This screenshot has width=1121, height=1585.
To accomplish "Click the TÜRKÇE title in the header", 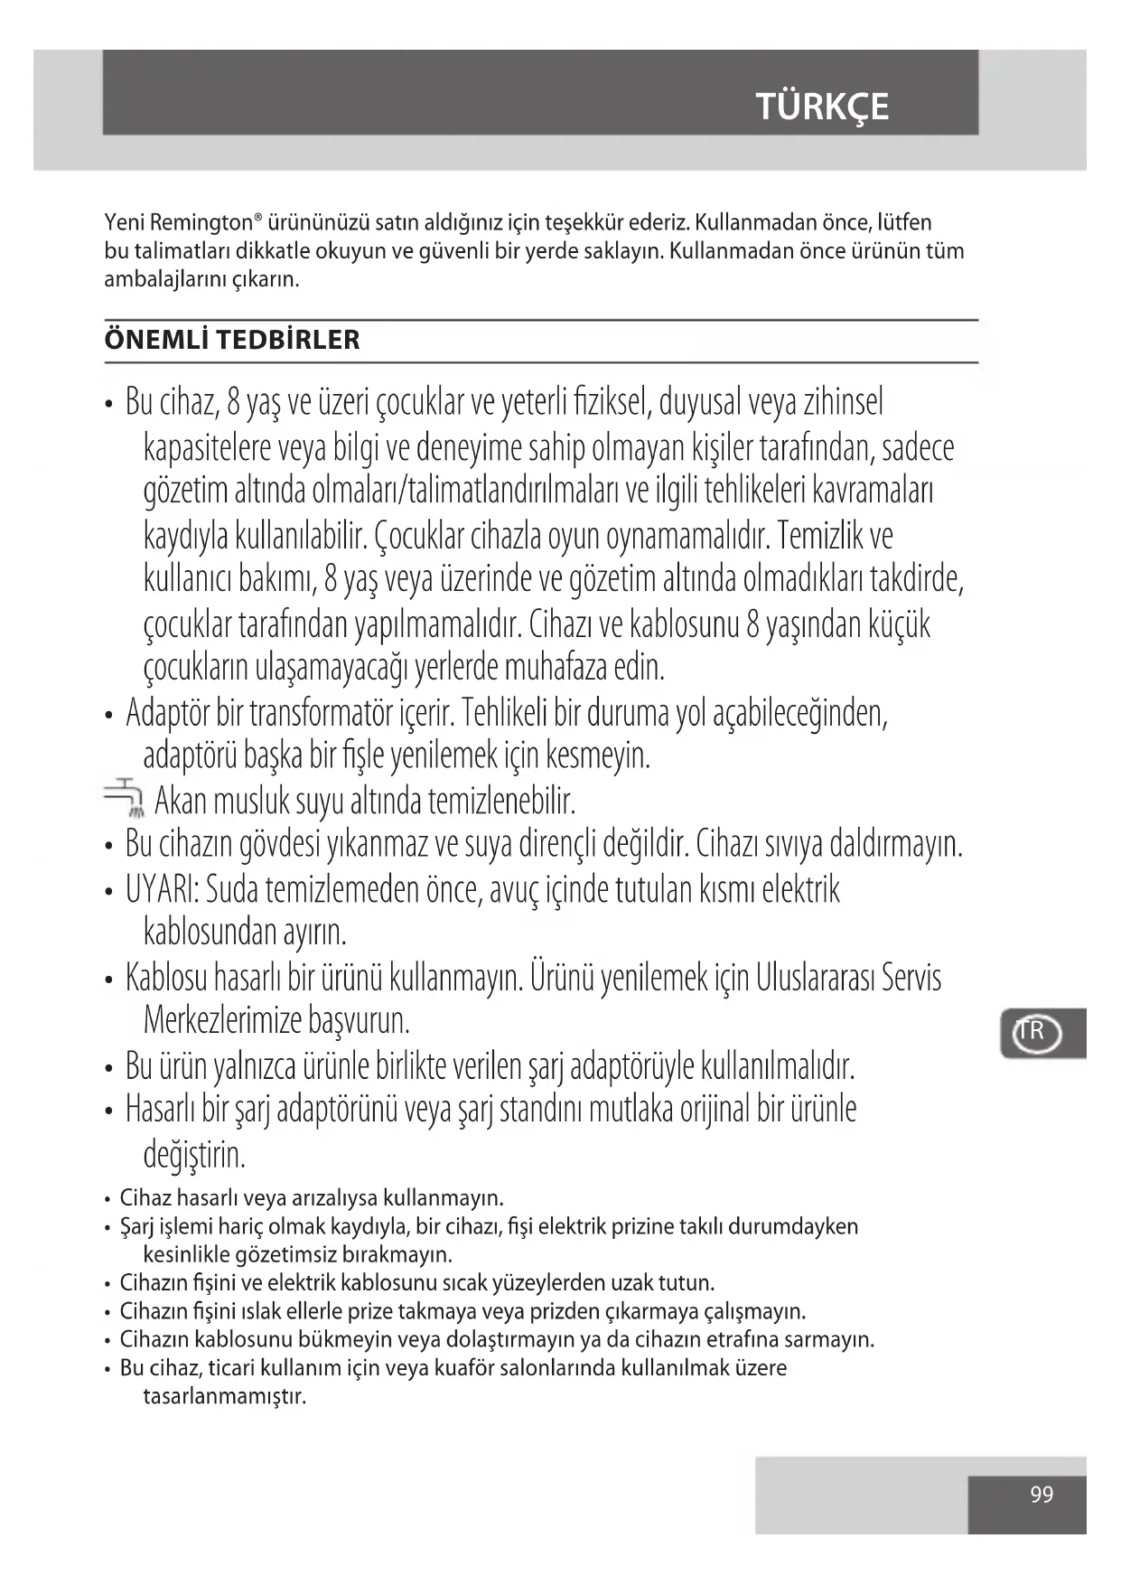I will (x=822, y=107).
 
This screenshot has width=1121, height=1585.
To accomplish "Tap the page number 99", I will (x=1042, y=1495).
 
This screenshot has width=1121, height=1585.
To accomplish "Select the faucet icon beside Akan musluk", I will (x=125, y=798).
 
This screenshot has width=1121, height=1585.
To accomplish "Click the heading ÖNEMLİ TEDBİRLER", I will (x=232, y=340).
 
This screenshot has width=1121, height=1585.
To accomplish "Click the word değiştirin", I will (x=194, y=1154).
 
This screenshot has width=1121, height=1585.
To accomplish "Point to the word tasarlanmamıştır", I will (x=225, y=1396).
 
